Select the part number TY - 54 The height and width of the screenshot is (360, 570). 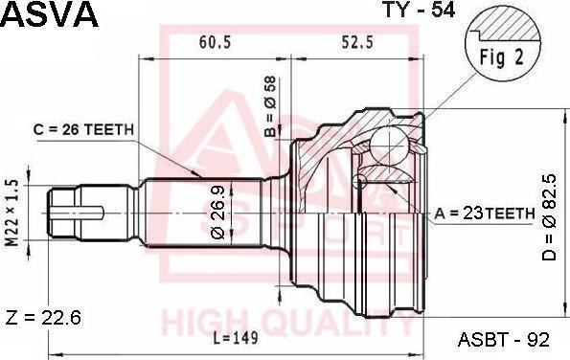pos(420,10)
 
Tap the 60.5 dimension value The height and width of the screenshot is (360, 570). pos(215,43)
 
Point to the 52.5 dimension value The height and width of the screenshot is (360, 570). pos(357,43)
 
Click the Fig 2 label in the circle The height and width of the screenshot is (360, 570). pos(502,57)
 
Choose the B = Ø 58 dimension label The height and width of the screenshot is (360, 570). pos(271,107)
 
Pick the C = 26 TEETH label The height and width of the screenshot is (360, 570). pos(83,129)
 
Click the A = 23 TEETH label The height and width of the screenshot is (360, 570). pos(485,214)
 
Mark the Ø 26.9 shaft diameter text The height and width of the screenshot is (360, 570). pos(218,213)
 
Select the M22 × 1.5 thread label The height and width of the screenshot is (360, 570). pos(12,213)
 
